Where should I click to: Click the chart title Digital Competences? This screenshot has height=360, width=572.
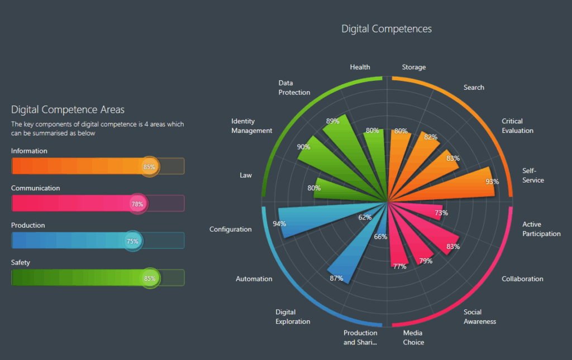pos(387,28)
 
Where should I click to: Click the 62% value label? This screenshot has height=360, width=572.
pos(365,217)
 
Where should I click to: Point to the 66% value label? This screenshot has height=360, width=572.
pos(380,237)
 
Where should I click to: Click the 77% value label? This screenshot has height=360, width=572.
pos(399,266)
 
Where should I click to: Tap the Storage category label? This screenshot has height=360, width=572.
pos(414,67)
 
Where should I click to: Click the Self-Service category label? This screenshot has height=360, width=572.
pos(533,175)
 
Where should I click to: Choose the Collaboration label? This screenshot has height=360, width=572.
pos(522,279)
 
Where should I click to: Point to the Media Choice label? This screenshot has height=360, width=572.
pos(413,338)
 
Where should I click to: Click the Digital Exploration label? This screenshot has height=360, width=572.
pos(293,316)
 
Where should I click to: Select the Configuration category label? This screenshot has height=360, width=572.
pos(231,229)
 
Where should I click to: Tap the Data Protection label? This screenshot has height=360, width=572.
pos(294,88)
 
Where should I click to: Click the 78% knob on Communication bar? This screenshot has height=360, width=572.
pos(137,204)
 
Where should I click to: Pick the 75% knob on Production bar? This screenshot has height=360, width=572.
pos(132,241)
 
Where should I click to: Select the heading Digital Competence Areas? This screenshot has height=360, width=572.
pos(68,109)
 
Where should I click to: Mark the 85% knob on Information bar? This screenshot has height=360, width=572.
pos(149,166)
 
